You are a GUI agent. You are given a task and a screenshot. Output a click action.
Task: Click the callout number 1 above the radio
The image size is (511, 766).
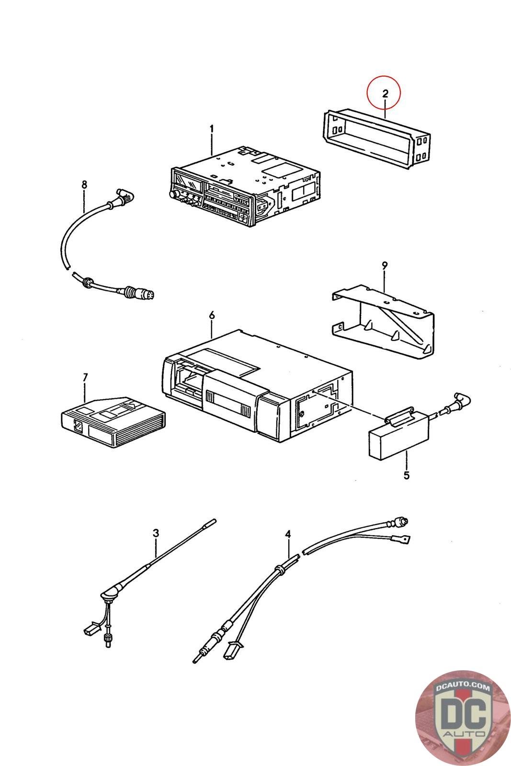[212, 129]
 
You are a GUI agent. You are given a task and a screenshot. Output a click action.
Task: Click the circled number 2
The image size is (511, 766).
[385, 93]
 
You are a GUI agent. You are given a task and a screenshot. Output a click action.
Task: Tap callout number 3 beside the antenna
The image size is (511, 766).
[156, 533]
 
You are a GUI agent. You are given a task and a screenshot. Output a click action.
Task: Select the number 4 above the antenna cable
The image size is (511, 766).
[288, 534]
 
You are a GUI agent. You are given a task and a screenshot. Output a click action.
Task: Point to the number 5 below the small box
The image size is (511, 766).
[406, 475]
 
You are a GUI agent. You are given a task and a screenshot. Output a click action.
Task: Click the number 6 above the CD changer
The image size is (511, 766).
[212, 315]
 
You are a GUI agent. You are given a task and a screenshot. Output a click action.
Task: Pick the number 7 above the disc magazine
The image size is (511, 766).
[85, 377]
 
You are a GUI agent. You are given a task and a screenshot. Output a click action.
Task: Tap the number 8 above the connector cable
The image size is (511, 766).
[84, 185]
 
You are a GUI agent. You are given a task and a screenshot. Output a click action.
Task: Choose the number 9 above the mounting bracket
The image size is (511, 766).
[385, 265]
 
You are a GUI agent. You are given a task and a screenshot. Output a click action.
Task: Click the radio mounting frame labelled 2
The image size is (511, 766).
[376, 138]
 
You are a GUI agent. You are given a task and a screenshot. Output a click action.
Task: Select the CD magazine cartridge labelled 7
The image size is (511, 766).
[113, 422]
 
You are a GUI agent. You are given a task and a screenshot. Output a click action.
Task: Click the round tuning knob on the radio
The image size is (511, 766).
[174, 194]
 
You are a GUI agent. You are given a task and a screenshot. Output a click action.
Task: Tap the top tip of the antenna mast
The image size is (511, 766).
[215, 520]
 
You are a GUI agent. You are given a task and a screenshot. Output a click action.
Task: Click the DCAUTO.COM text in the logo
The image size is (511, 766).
[463, 686]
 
